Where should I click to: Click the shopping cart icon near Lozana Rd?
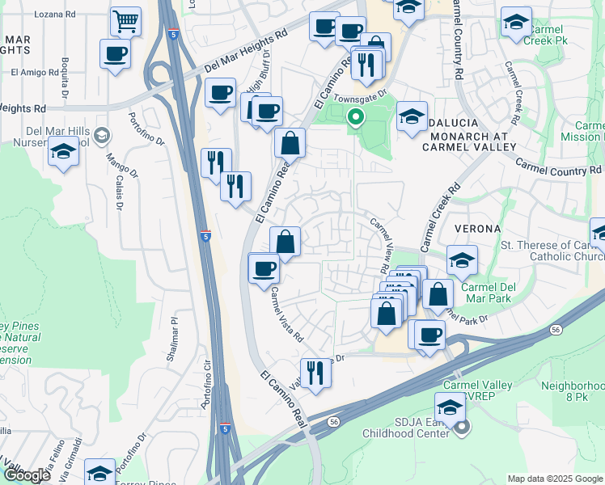pyautogui.click(x=124, y=22)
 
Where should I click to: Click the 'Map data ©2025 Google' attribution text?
pyautogui.click(x=554, y=479)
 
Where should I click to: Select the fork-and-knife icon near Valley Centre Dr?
pyautogui.click(x=315, y=373)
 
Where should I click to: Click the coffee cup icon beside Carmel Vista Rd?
pyautogui.click(x=263, y=268)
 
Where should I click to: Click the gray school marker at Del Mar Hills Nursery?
pyautogui.click(x=101, y=133)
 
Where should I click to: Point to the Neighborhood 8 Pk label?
pyautogui.click(x=573, y=392)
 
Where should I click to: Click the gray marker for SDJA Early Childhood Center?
pyautogui.click(x=461, y=428)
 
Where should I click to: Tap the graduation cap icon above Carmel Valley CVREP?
pyautogui.click(x=451, y=407)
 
